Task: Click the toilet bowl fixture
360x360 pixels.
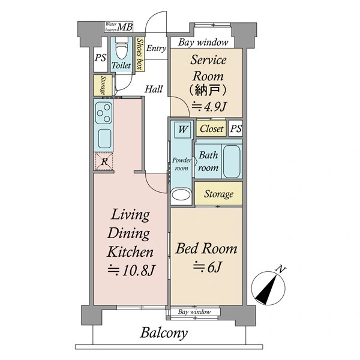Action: (x=121, y=49)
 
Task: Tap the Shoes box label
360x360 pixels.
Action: (x=140, y=54)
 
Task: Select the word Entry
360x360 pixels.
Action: (x=156, y=48)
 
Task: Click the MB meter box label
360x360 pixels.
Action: (x=125, y=27)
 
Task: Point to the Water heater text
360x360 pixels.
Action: (x=111, y=27)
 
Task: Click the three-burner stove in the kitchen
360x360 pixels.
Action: (x=104, y=113)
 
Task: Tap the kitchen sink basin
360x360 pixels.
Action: (x=104, y=139)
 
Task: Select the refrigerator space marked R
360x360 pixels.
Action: (x=104, y=161)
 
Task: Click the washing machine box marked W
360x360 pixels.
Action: (x=183, y=130)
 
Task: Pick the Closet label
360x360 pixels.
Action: (x=211, y=128)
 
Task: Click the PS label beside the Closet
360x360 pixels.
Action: (x=236, y=128)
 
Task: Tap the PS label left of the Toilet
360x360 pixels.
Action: (x=100, y=58)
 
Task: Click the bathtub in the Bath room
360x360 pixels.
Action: (x=232, y=161)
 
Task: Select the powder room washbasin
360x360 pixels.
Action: (x=181, y=194)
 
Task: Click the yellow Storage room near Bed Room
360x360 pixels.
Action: (x=218, y=194)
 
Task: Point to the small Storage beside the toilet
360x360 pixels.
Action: (x=103, y=85)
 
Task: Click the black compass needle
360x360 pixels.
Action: (x=266, y=290)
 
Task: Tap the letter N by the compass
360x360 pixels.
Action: (x=281, y=269)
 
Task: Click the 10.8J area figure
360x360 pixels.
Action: (x=132, y=270)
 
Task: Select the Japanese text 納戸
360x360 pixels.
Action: (x=208, y=90)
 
